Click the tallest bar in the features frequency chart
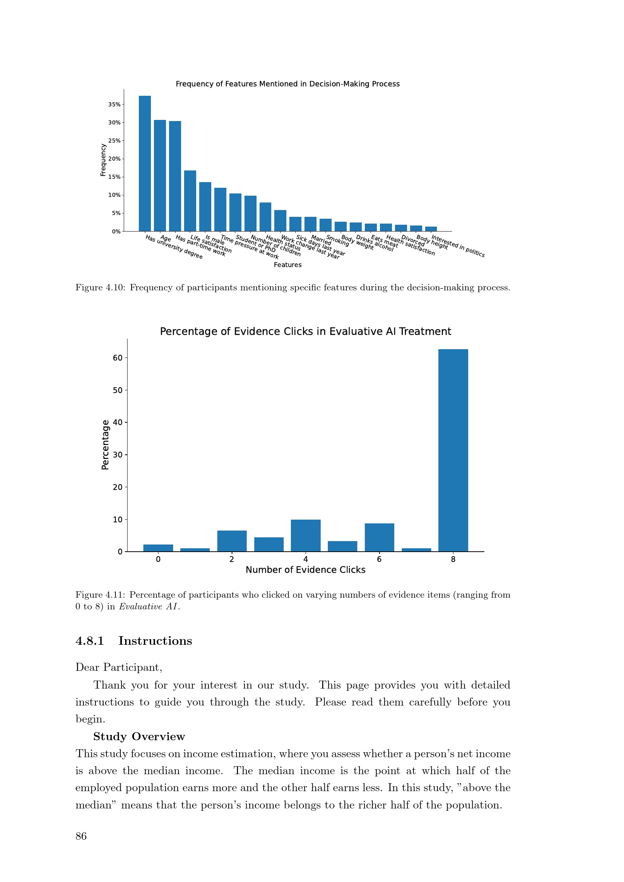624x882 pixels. pyautogui.click(x=144, y=163)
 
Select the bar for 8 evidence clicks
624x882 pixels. pyautogui.click(x=453, y=450)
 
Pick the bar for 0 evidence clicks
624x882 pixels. pyautogui.click(x=158, y=548)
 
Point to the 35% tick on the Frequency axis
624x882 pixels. pyautogui.click(x=114, y=104)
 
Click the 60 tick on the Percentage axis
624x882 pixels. pyautogui.click(x=118, y=357)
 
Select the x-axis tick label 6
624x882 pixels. pyautogui.click(x=379, y=559)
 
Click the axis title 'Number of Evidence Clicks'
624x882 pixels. pyautogui.click(x=306, y=570)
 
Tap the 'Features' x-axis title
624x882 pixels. pyautogui.click(x=287, y=265)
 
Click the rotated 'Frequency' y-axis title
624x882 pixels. pyautogui.click(x=103, y=160)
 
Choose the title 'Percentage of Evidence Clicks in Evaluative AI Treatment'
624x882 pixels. pyautogui.click(x=306, y=331)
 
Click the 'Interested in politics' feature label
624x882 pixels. pyautogui.click(x=458, y=246)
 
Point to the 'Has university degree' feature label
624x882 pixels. pyautogui.click(x=174, y=247)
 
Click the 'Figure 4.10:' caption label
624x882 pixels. pyautogui.click(x=100, y=288)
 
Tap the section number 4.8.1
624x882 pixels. pyautogui.click(x=89, y=641)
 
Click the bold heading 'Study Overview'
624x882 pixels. pyautogui.click(x=139, y=736)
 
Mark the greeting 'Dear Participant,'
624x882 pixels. pyautogui.click(x=119, y=667)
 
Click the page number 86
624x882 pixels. pyautogui.click(x=81, y=836)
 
